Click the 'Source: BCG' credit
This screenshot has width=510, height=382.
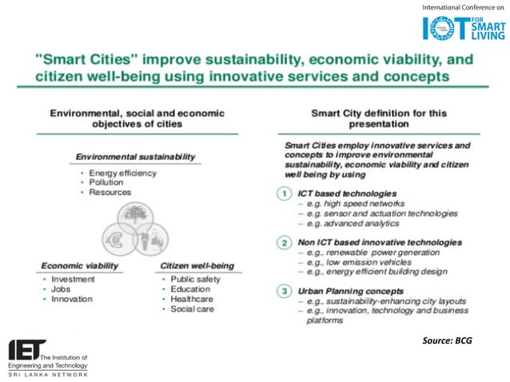[x=447, y=341]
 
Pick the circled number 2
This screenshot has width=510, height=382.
[x=283, y=241]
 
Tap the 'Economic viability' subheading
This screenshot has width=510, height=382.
[x=79, y=265]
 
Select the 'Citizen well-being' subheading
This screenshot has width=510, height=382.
[x=197, y=265]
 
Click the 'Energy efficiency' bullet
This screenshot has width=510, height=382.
[x=123, y=173]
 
